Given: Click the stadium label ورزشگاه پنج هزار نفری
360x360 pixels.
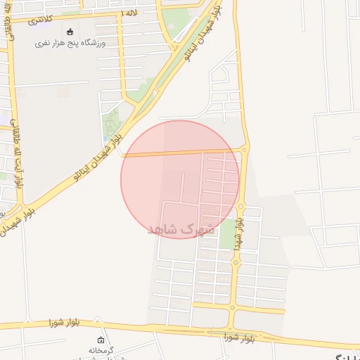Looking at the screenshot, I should [x=70, y=44].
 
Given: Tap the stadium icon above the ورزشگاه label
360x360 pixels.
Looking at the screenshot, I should [x=70, y=32].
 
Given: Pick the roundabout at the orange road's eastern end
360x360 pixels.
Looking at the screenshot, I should [x=244, y=149].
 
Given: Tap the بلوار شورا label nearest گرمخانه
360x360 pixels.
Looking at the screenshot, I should [x=65, y=323].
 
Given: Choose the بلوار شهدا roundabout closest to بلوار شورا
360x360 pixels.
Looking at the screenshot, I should [x=233, y=306].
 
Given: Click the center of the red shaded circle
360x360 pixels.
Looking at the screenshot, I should [x=180, y=179].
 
